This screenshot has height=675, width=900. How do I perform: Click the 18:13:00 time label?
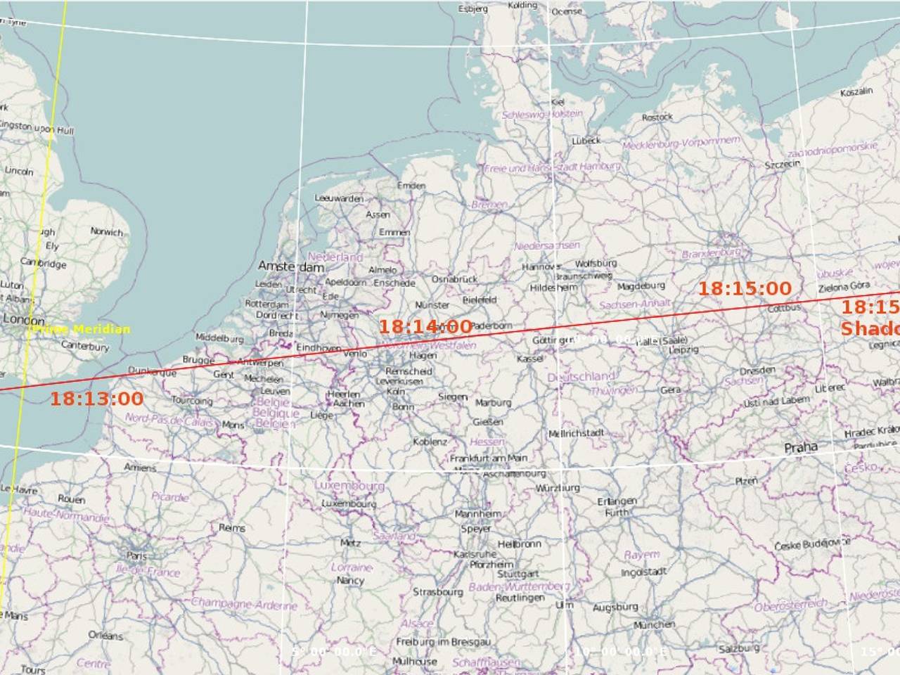96,399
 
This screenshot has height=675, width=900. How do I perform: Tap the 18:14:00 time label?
425,326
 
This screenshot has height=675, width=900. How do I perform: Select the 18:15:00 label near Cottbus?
745,288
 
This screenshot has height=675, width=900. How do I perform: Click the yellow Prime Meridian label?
82,329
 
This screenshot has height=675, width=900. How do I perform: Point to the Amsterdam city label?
291,266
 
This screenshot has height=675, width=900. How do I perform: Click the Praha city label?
801,447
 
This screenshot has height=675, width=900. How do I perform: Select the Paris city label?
136,555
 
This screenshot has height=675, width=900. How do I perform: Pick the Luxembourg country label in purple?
349,486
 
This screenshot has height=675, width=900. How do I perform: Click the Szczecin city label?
782,165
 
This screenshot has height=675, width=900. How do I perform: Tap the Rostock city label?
657,117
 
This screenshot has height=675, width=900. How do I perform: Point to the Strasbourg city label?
437,592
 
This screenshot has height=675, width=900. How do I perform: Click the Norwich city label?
106,231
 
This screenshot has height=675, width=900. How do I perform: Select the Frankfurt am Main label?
488,458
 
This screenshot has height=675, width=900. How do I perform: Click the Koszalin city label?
856,92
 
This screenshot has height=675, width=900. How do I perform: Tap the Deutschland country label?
581,378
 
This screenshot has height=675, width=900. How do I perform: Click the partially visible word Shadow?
870,328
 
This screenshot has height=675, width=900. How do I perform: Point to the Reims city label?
232,528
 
